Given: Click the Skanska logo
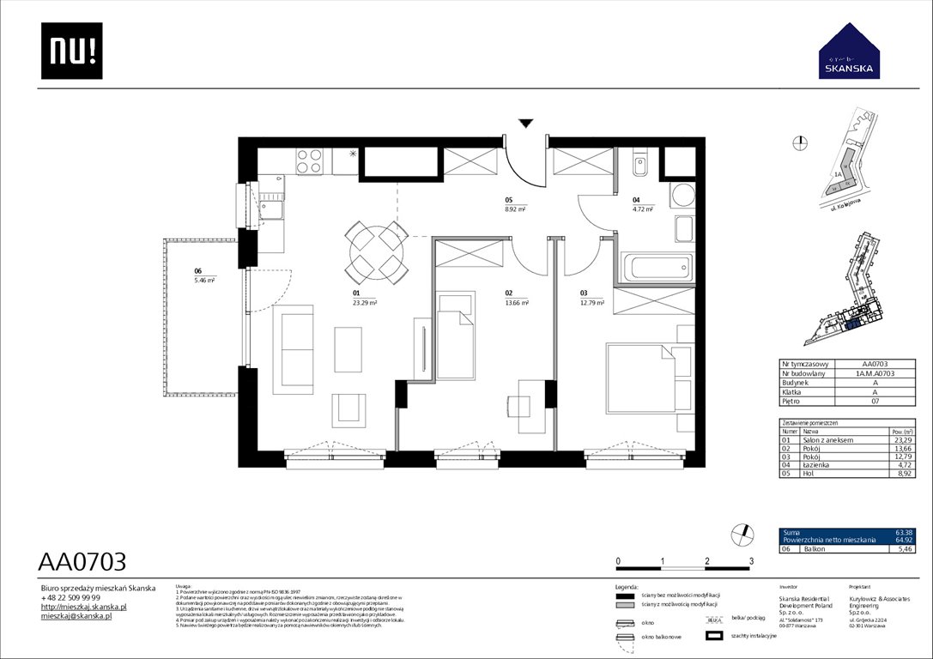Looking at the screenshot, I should point(848,52).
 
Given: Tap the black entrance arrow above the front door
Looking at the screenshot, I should point(525,124).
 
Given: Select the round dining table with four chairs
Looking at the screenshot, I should point(376,252).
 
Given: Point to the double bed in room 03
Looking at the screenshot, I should point(650,378).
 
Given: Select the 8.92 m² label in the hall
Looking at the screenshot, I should point(515,209).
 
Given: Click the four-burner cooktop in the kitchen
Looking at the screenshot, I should point(310,160).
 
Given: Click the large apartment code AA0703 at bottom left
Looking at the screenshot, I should point(82,562).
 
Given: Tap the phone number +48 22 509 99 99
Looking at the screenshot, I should point(71,597).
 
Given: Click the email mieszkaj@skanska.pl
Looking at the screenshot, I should point(77,616).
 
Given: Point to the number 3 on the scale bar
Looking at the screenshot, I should point(751,561).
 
